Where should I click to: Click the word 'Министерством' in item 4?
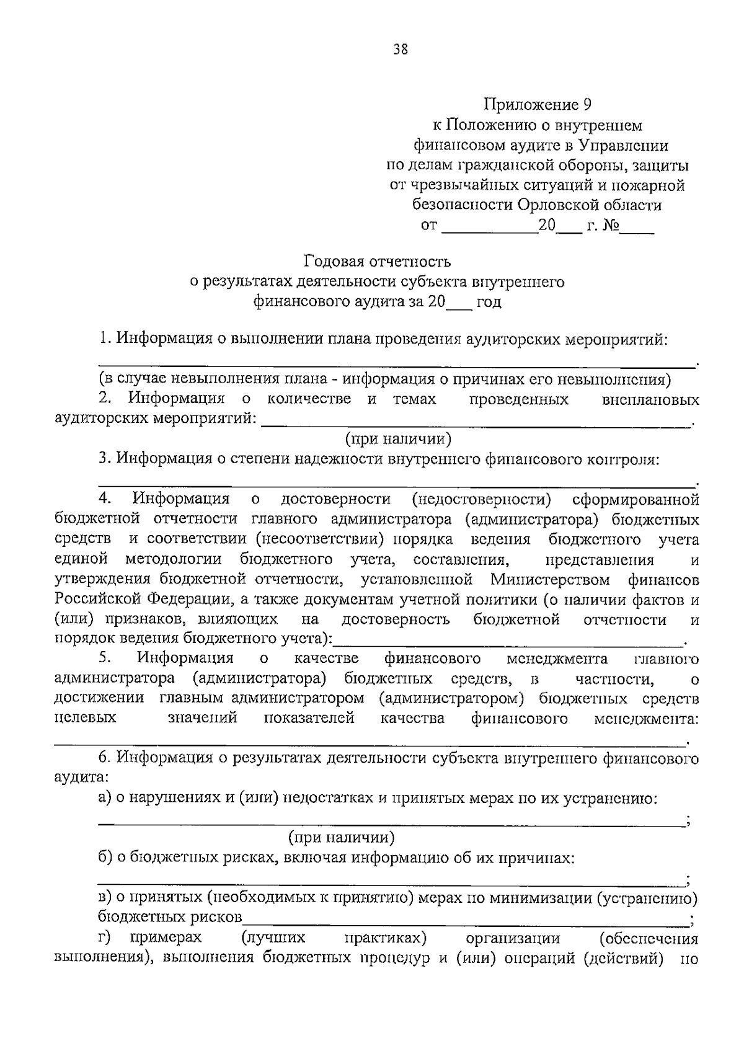tap(550, 580)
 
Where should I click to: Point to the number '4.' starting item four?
tap(104, 499)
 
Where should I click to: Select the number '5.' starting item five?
tap(104, 658)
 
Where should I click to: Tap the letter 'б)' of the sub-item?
tap(105, 858)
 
